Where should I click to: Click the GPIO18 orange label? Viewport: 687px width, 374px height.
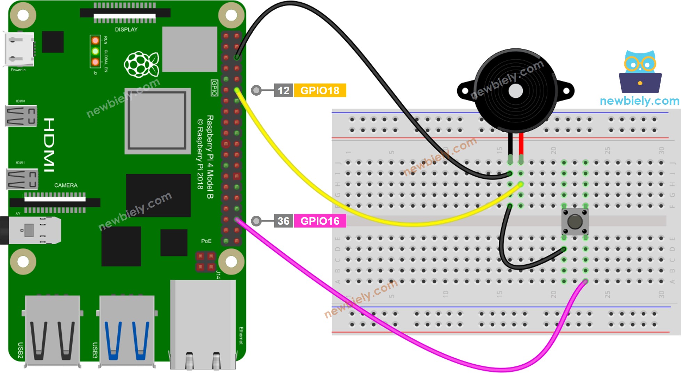[320, 90]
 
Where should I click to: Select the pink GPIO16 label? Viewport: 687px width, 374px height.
[320, 221]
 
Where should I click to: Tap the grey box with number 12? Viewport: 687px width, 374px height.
[283, 90]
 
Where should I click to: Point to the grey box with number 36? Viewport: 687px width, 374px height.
[283, 221]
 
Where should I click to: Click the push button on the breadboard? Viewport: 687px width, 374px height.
[575, 221]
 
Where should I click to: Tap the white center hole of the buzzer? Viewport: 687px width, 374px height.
[515, 91]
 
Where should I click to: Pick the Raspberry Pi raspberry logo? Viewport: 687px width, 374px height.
[141, 65]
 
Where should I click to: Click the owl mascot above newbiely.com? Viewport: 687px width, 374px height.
[640, 71]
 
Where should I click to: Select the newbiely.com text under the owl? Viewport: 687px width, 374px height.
[639, 101]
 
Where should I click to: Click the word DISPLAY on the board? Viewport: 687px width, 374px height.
[126, 30]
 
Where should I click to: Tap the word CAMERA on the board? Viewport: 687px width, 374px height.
[66, 185]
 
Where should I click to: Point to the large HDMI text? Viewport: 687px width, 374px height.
[49, 145]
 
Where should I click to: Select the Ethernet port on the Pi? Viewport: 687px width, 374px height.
[203, 325]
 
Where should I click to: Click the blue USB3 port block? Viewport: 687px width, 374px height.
[127, 331]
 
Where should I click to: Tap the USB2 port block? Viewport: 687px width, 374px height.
[52, 331]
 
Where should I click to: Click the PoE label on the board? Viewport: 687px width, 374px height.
[206, 241]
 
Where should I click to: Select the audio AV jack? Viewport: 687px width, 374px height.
[31, 230]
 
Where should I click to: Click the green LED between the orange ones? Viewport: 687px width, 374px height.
[95, 51]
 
